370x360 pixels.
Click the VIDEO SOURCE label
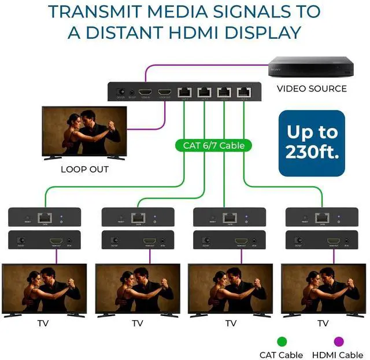pos(312,89)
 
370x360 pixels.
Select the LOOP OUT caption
pos(84,170)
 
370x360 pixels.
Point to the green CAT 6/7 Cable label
pos(214,145)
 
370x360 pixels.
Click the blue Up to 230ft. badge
pos(312,143)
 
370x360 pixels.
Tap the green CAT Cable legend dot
pos(282,341)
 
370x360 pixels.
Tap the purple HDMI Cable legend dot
pos(339,341)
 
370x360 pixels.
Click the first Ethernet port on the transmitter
pos(185,92)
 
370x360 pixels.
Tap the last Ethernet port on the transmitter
pos(243,92)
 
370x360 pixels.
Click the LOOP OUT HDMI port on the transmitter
pos(165,92)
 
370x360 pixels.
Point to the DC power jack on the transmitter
pos(121,92)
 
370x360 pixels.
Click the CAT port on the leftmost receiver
pos(45,218)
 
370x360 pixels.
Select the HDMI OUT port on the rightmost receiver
pos(334,240)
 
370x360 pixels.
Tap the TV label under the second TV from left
pos(138,323)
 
